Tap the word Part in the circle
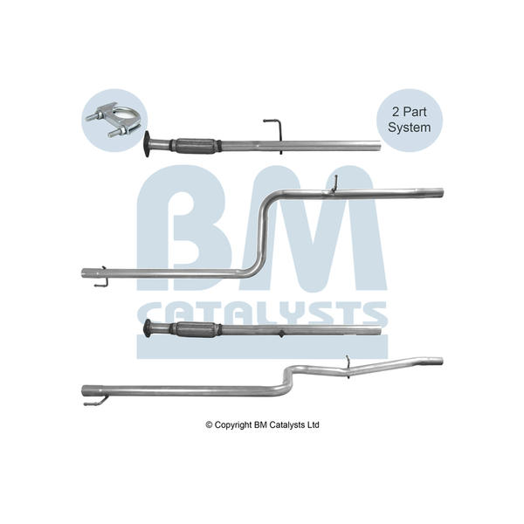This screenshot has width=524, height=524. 414,112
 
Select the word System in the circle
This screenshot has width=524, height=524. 410,128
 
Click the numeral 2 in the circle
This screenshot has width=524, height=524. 396,112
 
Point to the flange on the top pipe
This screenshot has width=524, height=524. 147,144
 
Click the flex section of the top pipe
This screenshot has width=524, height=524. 196,146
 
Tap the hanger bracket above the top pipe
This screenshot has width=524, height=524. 275,131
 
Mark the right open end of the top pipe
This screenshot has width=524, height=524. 379,146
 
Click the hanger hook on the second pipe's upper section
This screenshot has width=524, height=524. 334,184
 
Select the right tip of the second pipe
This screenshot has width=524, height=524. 443,193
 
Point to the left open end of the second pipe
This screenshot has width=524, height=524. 84,272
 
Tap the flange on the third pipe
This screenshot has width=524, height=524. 147,328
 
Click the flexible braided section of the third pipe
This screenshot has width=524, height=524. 196,330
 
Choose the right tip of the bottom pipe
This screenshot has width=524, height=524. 442,362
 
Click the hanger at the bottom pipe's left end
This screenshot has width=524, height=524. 96,402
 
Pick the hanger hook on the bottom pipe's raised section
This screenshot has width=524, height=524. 348,367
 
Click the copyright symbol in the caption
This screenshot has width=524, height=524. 209,425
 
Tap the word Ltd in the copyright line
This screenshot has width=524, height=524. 314,424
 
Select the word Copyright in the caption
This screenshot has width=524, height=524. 233,425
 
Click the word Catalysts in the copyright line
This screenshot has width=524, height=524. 287,425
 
